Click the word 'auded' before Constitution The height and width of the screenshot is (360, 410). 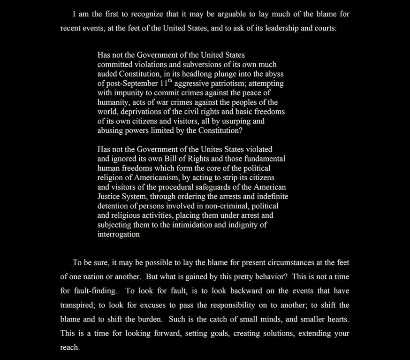[x=107, y=74]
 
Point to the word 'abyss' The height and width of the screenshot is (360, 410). [x=273, y=74]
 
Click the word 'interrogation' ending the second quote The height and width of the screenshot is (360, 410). [x=119, y=234]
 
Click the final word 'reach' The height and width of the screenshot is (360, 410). [x=69, y=348]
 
